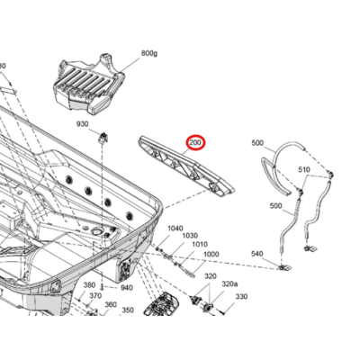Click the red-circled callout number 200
click(x=196, y=143)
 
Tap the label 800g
click(x=149, y=54)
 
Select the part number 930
click(x=82, y=124)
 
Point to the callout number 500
click(x=257, y=143)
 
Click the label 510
click(x=303, y=171)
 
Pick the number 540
click(x=257, y=255)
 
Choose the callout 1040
click(x=174, y=229)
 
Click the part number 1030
click(x=190, y=237)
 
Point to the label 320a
click(x=231, y=284)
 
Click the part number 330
click(x=241, y=296)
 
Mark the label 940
click(x=126, y=288)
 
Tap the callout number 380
click(x=90, y=285)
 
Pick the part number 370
click(x=94, y=296)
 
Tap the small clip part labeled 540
click(x=283, y=267)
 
